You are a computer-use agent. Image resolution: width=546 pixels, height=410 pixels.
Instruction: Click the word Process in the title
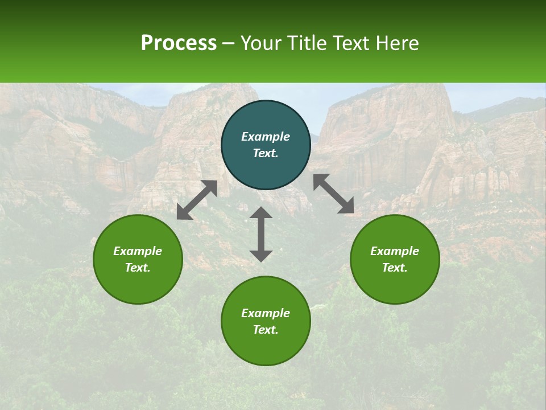coord(179,43)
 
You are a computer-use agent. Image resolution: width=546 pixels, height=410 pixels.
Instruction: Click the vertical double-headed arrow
coord(261,234)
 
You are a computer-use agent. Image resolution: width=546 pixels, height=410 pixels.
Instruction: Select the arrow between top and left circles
coord(197,200)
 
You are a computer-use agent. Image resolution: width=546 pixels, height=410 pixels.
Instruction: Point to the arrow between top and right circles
coord(333,194)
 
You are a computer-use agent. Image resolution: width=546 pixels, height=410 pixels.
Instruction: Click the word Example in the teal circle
coord(266,137)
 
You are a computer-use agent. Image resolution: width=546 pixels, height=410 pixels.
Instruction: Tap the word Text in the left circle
coord(138,268)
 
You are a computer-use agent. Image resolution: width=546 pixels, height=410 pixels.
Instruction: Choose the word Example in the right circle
coord(395,251)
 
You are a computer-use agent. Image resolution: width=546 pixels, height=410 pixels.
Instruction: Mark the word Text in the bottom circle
coord(266,330)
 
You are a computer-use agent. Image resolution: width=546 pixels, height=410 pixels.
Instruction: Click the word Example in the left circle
coord(138,251)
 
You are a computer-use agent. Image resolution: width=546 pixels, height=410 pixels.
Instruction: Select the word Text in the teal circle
coord(266,153)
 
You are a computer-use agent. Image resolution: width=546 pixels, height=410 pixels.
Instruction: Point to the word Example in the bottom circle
coord(266,313)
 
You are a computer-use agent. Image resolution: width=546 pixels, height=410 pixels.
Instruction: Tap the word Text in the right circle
coord(395,268)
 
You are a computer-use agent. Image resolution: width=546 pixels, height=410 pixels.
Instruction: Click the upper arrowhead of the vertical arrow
coord(261,213)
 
